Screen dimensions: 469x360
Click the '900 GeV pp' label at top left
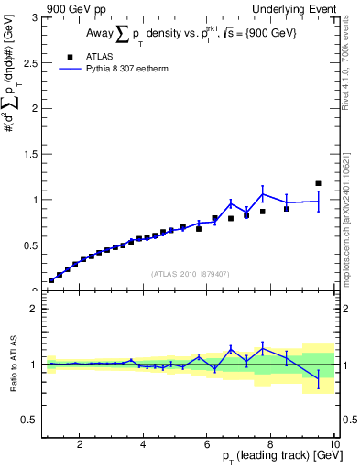click(76, 8)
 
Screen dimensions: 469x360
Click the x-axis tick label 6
click(206, 444)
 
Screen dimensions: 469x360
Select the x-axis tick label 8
click(270, 444)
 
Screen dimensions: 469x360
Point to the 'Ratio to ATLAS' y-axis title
click(11, 365)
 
